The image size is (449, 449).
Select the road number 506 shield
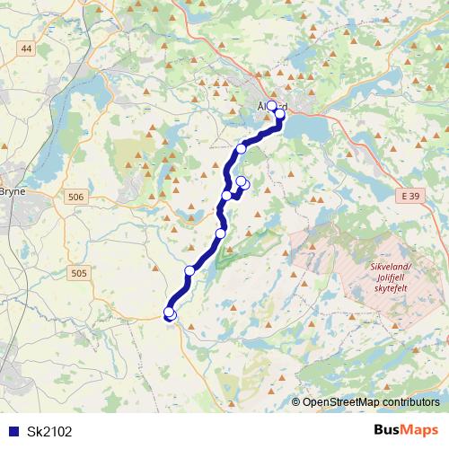click(76, 197)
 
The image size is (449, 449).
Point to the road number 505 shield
click(79, 274)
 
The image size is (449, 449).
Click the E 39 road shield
click(411, 195)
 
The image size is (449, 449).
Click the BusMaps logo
click(407, 431)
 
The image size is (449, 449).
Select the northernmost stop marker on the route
click(273, 106)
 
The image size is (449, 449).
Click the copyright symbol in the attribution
click(297, 401)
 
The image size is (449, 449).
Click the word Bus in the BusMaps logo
click(388, 431)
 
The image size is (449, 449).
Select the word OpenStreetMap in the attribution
click(340, 401)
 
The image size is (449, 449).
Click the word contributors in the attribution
click(409, 401)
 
